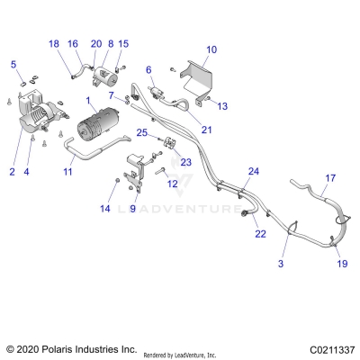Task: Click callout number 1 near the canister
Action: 87,101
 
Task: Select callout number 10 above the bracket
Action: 211,49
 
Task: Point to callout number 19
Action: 341,264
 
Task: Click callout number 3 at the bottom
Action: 280,264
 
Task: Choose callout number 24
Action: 253,171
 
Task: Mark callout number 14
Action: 104,209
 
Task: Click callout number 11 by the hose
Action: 67,170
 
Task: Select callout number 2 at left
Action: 13,171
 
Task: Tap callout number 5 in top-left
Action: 13,64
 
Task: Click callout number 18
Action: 53,44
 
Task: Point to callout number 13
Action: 222,105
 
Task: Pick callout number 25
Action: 141,132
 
